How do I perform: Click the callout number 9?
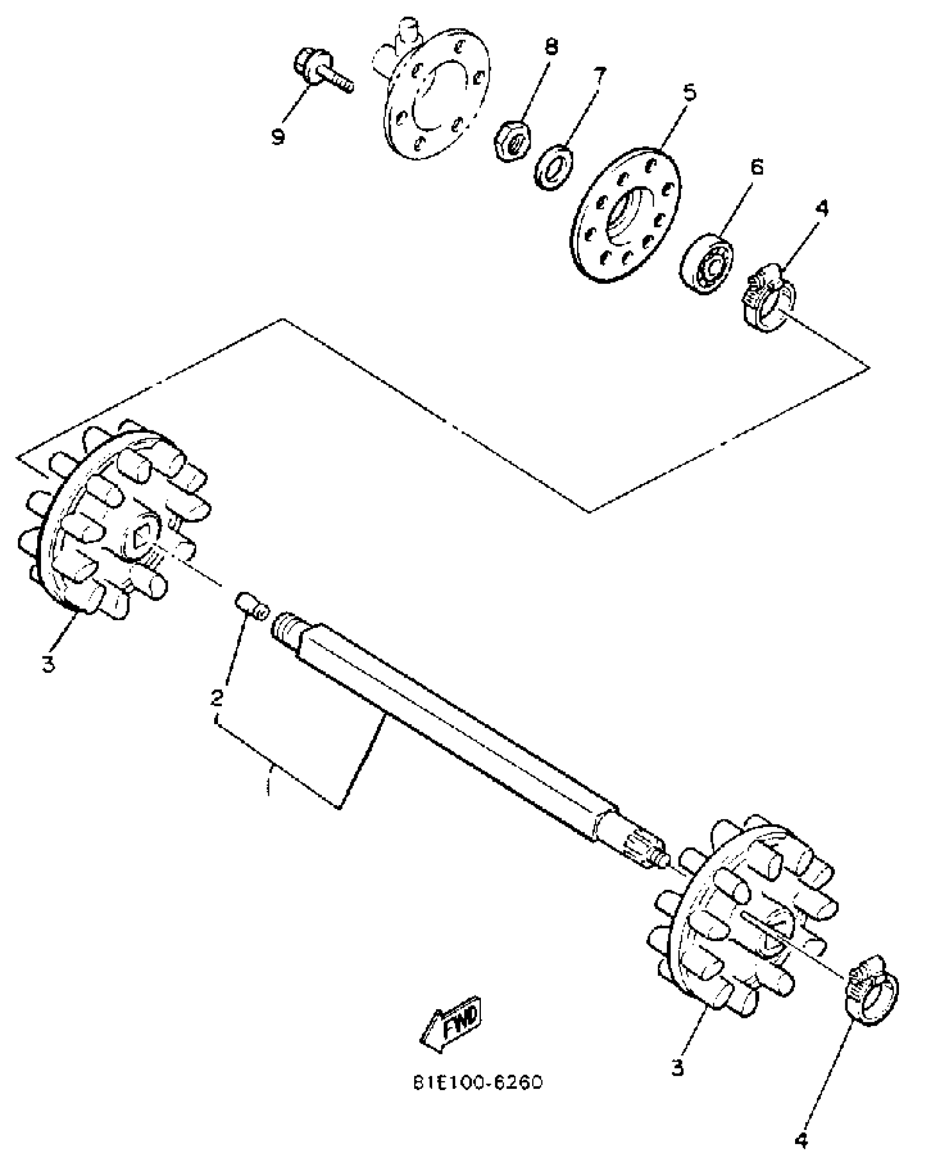[x=279, y=136]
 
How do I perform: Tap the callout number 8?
[x=551, y=47]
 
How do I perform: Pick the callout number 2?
[x=217, y=697]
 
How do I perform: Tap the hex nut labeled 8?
[x=512, y=141]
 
